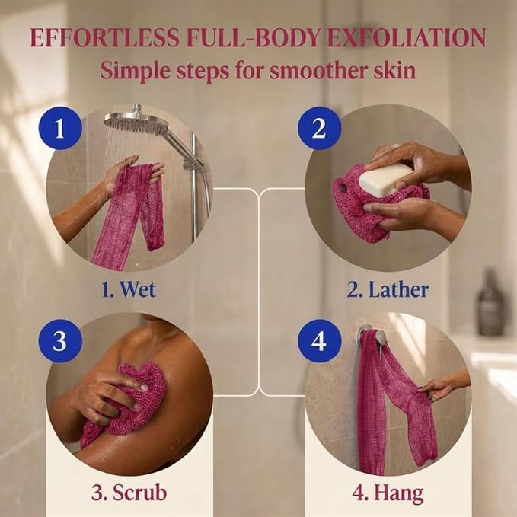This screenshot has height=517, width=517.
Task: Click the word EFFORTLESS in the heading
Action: pyautogui.click(x=105, y=37)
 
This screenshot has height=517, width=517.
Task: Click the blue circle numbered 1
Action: pyautogui.click(x=59, y=128)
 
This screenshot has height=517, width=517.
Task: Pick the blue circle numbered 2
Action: pyautogui.click(x=319, y=128)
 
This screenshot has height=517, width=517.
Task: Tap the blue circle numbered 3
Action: pyautogui.click(x=59, y=340)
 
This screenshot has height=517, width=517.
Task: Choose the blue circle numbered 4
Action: pyautogui.click(x=319, y=340)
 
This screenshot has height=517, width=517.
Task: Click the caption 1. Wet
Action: pyautogui.click(x=129, y=289)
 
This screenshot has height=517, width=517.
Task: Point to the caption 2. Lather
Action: pyautogui.click(x=388, y=289)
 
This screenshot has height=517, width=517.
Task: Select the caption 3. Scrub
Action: pyautogui.click(x=129, y=493)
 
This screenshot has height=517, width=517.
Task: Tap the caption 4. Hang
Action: pyautogui.click(x=388, y=493)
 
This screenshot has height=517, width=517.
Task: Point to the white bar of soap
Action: pyautogui.click(x=386, y=178)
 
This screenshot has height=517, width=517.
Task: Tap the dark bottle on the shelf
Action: pyautogui.click(x=491, y=303)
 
